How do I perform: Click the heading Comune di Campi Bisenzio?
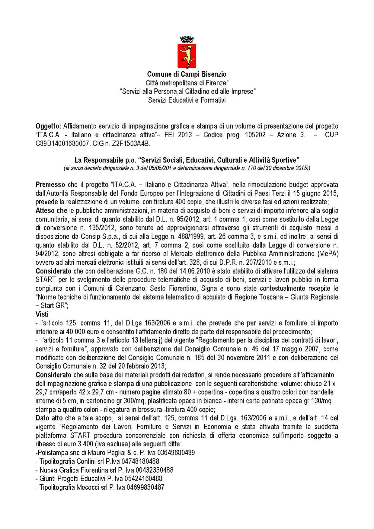(x=187, y=74)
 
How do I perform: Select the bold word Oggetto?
(x=48, y=126)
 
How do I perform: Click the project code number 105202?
(x=255, y=135)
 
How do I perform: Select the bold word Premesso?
(x=50, y=184)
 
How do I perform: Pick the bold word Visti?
(x=42, y=314)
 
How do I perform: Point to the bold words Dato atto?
(x=49, y=418)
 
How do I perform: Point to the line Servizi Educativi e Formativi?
(x=187, y=100)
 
